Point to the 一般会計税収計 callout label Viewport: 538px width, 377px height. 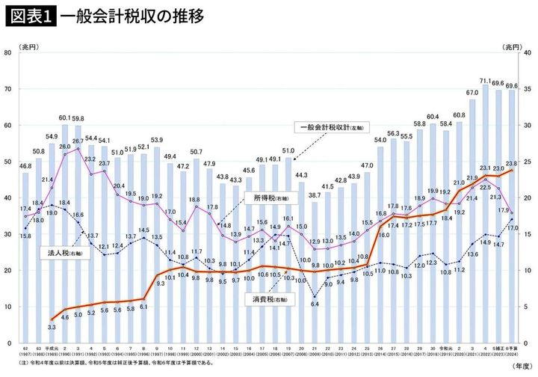(x=327, y=126)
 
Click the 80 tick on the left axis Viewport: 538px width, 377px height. (x=8, y=52)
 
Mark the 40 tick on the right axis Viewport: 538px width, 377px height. (x=527, y=52)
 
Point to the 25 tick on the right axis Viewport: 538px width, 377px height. (x=527, y=162)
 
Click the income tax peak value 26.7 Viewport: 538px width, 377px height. (x=78, y=141)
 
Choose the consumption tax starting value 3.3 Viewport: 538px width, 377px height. (x=52, y=327)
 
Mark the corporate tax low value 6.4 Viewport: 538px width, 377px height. (x=315, y=304)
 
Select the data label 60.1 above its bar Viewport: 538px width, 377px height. (x=65, y=117)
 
